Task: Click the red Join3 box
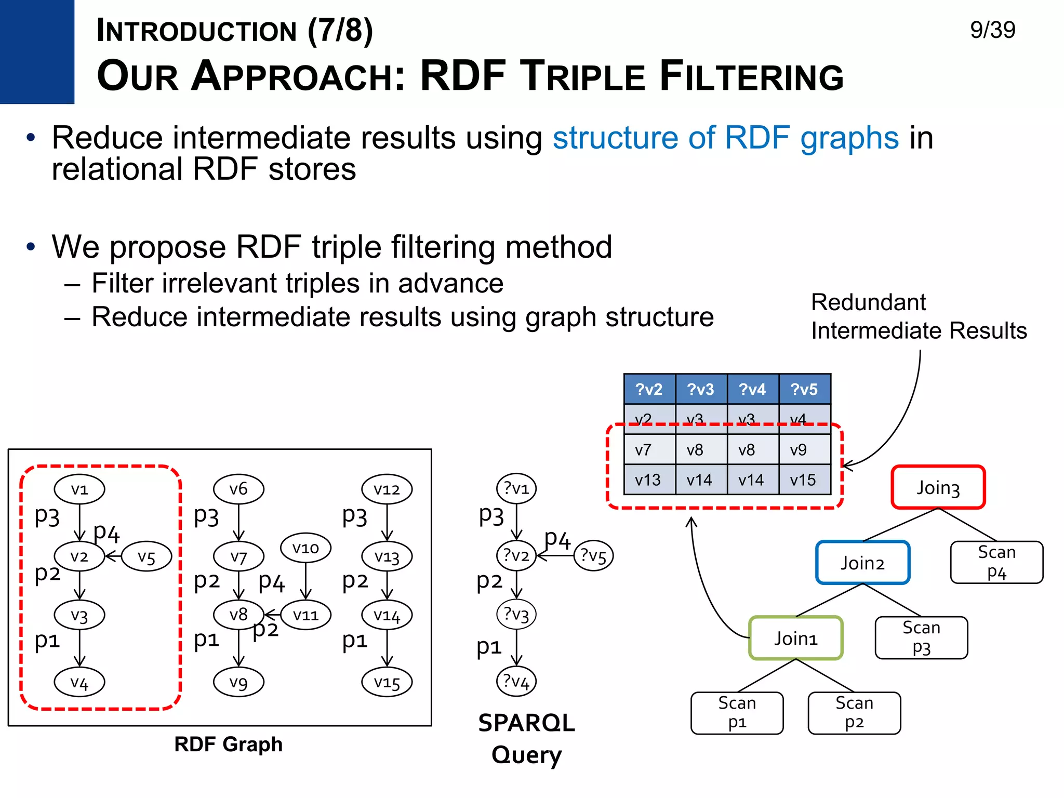pos(938,487)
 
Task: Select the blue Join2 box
pos(862,563)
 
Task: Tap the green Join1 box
pos(795,638)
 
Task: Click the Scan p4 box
pos(996,563)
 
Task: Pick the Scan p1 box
pos(737,713)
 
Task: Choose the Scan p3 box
pos(921,638)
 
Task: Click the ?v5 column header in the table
pos(804,389)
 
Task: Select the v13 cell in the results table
pos(648,480)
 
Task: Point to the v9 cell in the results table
pos(799,450)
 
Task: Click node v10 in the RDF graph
pos(305,548)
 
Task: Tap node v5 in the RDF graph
pos(147,557)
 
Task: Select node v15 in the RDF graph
pos(387,682)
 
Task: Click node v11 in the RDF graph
pos(305,615)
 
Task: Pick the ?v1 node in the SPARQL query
pos(516,488)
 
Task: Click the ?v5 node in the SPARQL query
pos(593,556)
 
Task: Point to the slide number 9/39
pos(992,30)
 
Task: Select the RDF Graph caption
pos(228,744)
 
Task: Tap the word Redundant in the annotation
pos(868,302)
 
